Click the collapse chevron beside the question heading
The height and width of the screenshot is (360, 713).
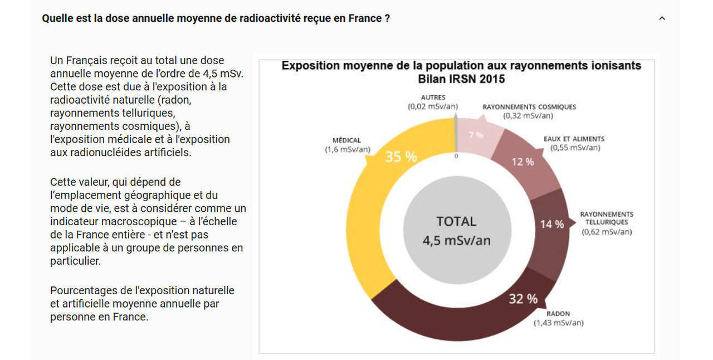[x=662, y=18]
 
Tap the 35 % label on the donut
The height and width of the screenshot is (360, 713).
[x=401, y=157]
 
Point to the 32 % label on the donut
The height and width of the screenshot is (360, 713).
[x=523, y=299]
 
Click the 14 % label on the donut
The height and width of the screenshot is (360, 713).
[x=551, y=224]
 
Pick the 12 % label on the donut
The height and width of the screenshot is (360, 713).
[x=522, y=162]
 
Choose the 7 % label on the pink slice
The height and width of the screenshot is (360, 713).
[x=476, y=135]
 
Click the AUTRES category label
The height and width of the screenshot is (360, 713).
[x=433, y=98]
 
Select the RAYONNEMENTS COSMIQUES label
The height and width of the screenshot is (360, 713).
[x=529, y=107]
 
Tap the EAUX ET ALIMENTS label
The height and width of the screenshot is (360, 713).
[x=574, y=139]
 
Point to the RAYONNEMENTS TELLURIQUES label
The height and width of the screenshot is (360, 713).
[x=607, y=218]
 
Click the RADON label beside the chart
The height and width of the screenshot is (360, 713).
[x=558, y=314]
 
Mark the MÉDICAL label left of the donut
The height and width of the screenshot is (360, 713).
[x=346, y=140]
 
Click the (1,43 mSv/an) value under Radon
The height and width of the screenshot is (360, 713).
[x=559, y=323]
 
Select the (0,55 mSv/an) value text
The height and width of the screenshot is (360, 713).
[x=575, y=148]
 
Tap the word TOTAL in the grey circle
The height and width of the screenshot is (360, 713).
[x=456, y=221]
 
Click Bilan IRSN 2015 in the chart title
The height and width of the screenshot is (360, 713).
[x=461, y=79]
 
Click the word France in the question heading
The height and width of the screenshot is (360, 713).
[x=364, y=18]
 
